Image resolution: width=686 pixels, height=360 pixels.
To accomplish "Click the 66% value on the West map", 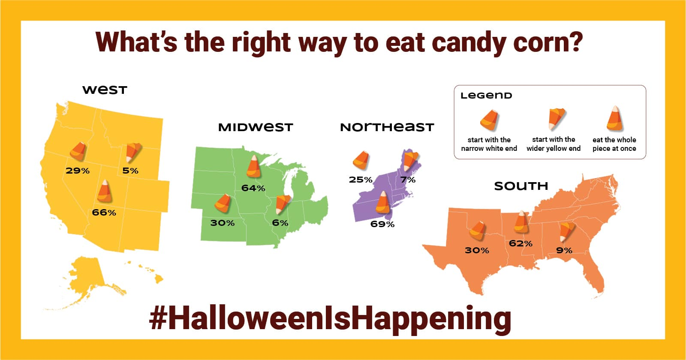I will click(x=104, y=213).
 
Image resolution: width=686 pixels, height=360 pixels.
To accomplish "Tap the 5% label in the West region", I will click(x=130, y=171).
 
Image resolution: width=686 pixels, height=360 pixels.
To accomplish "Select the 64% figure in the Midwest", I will click(x=253, y=188).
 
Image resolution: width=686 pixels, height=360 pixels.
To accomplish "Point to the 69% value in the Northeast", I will click(x=382, y=224).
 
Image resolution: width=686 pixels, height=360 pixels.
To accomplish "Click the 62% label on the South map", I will click(x=521, y=243).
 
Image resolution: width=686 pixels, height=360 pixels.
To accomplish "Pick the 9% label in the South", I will click(x=564, y=250).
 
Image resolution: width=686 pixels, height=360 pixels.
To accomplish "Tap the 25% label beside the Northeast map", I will click(x=360, y=180).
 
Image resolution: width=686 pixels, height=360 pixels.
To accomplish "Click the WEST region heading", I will click(x=105, y=90).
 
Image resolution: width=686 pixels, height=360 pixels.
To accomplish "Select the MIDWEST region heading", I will click(x=256, y=127).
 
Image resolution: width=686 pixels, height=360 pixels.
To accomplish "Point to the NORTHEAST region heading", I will click(x=387, y=127).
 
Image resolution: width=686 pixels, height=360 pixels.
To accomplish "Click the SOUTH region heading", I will click(x=521, y=186).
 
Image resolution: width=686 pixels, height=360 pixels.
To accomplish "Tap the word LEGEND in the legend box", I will click(x=486, y=96).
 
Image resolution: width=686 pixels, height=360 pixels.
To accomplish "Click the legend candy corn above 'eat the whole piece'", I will click(x=614, y=119).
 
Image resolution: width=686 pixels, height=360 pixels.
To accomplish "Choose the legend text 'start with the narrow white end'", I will click(x=489, y=144).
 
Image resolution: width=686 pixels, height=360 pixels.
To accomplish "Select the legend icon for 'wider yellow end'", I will click(x=556, y=118).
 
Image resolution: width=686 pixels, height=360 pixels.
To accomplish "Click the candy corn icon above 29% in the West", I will click(x=78, y=151).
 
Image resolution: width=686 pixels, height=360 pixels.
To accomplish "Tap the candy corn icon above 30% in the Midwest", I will click(x=223, y=203).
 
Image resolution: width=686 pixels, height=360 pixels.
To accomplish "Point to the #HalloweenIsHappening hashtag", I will click(x=330, y=318).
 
